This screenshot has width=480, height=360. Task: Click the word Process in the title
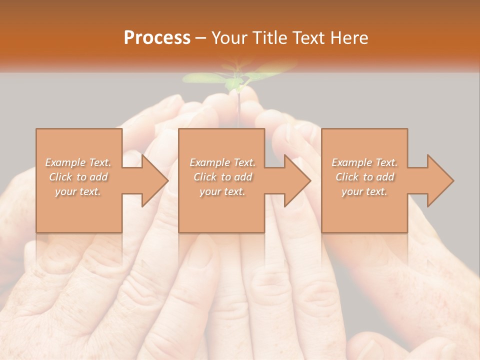[x=157, y=38]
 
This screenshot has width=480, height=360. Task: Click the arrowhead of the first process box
[x=153, y=180]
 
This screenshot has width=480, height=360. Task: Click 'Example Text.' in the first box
[x=78, y=162]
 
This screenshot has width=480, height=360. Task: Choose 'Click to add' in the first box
[x=78, y=177]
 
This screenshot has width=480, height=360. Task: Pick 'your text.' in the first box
[x=78, y=191]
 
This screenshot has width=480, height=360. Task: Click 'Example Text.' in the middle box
[x=222, y=162]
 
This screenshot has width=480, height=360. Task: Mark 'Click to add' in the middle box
[x=222, y=177]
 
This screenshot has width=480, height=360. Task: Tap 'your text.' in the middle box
[x=222, y=191]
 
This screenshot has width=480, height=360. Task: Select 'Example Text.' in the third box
[x=364, y=162]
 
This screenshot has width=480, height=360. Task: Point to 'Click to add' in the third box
[x=364, y=177]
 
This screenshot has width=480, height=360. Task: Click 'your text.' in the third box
[x=364, y=191]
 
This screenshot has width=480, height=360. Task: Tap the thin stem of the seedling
[x=239, y=107]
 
